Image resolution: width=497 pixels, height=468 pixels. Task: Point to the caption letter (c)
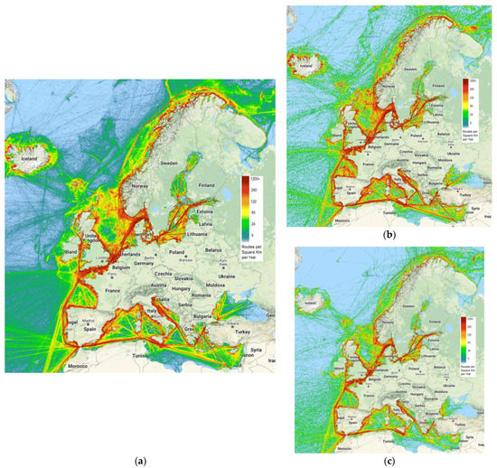point(387,461)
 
